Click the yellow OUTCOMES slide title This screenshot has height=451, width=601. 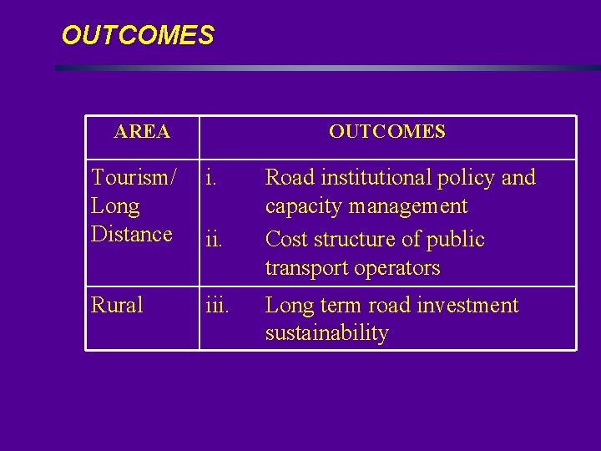coord(138,36)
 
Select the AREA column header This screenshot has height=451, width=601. coord(142,132)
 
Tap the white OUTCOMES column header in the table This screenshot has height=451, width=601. coord(386,132)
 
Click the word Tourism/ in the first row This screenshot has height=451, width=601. coord(134,178)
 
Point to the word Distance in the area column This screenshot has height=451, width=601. coord(132,235)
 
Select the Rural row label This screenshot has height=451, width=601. coord(117,306)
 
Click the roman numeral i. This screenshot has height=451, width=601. coord(212,178)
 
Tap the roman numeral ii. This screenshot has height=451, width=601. coord(215,240)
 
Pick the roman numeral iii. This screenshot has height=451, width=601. coord(217,306)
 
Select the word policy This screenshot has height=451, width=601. coord(468,179)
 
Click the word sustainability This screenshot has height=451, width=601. coord(327,333)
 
